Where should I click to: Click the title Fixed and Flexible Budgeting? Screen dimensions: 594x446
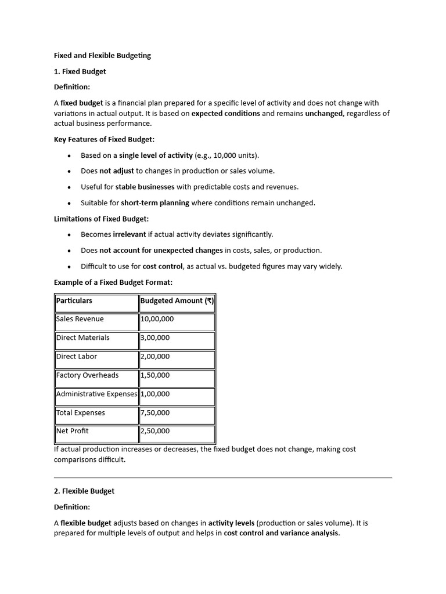pos(102,56)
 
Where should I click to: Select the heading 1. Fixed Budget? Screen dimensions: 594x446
pos(80,71)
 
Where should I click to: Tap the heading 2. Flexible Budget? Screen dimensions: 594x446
pos(84,491)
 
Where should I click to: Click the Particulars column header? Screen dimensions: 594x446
pos(74,300)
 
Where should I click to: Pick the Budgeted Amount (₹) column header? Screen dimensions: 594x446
pos(177,300)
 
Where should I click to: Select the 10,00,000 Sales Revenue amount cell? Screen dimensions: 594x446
pos(157,319)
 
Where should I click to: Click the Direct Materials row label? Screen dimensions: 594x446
pos(82,338)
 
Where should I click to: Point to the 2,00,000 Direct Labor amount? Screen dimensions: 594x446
pos(155,357)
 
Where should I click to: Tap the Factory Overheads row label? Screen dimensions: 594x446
pos(87,375)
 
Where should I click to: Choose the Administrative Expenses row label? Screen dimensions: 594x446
pos(97,394)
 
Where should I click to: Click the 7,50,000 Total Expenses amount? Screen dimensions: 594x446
pos(155,413)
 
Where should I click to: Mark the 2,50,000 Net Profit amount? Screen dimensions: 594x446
pos(155,431)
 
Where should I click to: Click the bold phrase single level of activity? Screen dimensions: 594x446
pos(156,155)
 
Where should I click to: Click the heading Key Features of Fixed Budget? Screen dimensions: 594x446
pos(104,139)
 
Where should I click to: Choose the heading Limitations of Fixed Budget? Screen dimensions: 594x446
pos(101,219)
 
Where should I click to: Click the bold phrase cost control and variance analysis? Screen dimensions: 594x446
pos(281,533)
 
